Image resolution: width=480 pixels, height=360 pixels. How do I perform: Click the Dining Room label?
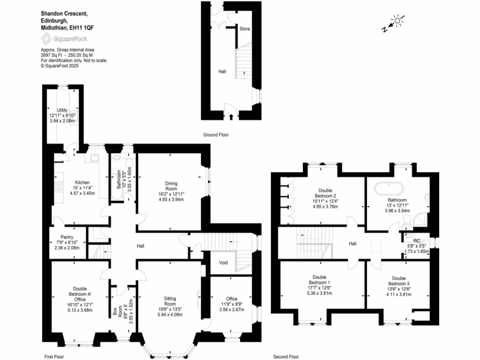[170, 187]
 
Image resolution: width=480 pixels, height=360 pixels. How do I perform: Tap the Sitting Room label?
[170, 301]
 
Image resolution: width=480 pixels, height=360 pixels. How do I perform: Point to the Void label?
[223, 262]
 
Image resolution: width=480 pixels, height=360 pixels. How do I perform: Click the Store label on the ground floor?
[245, 29]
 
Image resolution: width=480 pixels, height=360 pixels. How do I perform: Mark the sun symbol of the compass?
[397, 20]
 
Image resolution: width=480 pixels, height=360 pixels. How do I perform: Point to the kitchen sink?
[95, 158]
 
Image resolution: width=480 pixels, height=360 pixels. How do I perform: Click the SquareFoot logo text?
[70, 39]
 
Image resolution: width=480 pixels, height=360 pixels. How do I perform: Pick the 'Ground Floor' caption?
[216, 135]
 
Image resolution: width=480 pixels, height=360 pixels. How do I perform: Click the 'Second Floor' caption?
[286, 357]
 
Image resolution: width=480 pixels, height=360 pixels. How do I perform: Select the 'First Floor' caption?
[54, 357]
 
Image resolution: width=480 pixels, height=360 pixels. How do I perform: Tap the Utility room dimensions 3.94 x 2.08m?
[62, 121]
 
